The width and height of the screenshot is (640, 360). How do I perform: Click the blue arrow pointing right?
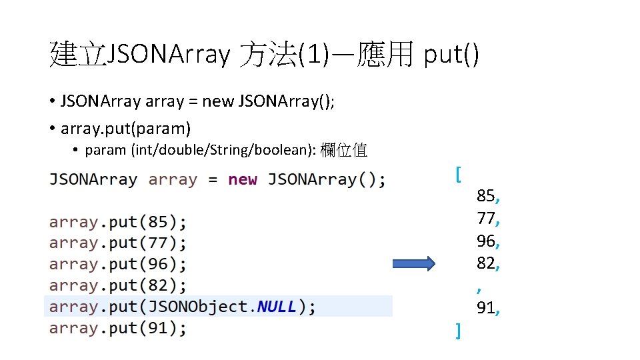click(412, 263)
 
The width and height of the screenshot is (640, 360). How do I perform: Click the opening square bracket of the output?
click(457, 174)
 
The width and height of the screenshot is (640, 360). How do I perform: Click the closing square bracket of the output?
click(457, 330)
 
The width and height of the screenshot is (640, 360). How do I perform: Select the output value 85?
click(487, 196)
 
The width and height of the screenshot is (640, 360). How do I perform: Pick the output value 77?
click(487, 219)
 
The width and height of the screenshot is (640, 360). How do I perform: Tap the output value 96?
click(487, 241)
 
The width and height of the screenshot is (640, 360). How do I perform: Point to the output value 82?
click(487, 264)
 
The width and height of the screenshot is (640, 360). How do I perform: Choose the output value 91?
click(487, 308)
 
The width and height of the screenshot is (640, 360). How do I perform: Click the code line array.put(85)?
click(118, 221)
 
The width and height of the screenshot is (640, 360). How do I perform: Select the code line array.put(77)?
click(118, 243)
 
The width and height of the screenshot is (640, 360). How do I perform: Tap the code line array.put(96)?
click(118, 264)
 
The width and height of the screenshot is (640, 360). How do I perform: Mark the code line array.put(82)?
click(118, 285)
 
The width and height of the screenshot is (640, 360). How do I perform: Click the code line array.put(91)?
click(118, 328)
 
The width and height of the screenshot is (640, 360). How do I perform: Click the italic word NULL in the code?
click(277, 307)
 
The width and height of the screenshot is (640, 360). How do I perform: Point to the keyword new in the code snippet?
click(242, 179)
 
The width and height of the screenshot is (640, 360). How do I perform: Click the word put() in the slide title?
click(451, 55)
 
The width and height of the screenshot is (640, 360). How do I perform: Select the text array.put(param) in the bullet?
click(125, 127)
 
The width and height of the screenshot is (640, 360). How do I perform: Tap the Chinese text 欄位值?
click(343, 150)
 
